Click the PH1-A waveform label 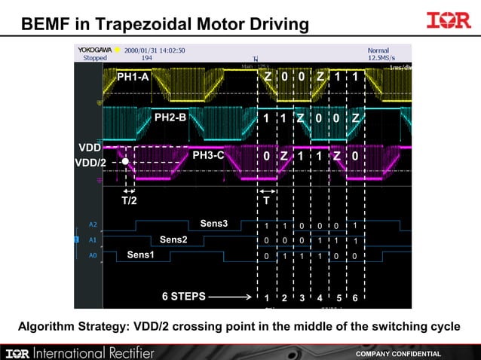133,77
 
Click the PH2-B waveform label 170,117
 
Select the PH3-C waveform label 208,156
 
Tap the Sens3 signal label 213,224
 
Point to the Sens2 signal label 173,239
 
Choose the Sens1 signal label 139,255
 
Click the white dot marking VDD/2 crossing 125,162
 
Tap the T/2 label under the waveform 129,201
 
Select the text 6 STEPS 183,297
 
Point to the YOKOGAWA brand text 95,50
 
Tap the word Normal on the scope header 378,50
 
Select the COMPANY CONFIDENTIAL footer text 398,353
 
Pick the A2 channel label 93,224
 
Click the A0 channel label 93,256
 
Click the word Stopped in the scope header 95,58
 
